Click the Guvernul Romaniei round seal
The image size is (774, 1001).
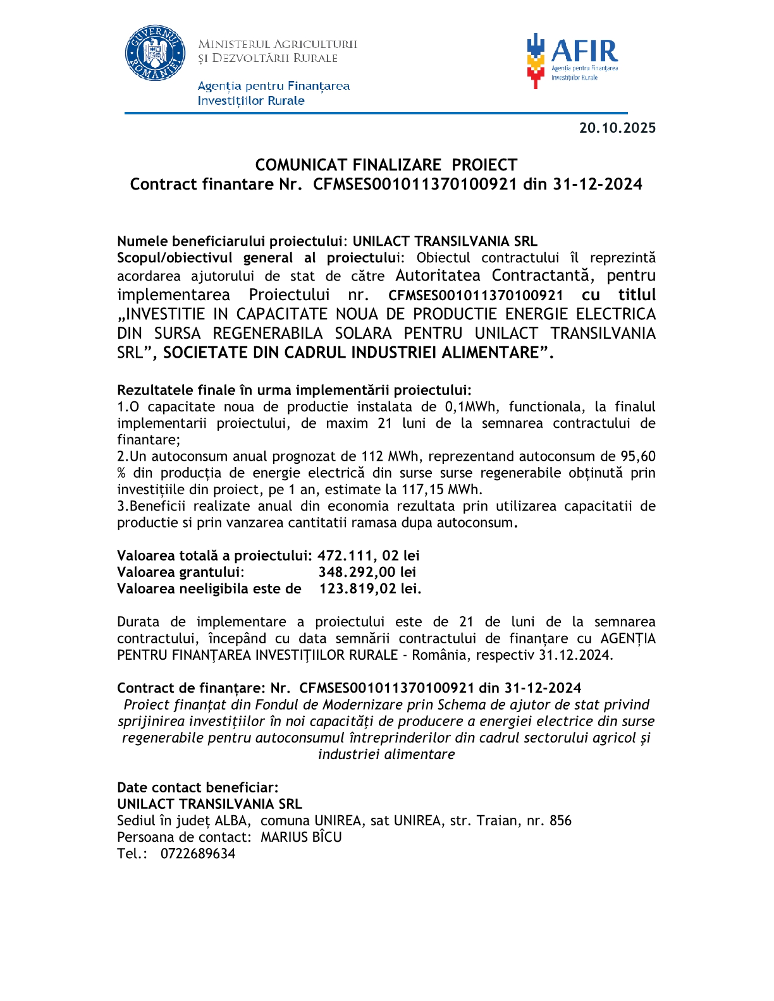point(155,53)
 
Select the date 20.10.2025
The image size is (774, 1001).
point(617,128)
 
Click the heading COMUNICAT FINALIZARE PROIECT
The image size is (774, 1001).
point(386,165)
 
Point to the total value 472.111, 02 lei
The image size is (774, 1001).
point(368,555)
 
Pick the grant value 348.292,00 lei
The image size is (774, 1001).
point(367,572)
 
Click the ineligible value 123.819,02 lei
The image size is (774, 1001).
point(369,588)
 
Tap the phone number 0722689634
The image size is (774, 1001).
point(197,854)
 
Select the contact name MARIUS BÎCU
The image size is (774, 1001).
point(301,837)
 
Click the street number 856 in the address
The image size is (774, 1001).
point(560,821)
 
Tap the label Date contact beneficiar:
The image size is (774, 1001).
point(197,787)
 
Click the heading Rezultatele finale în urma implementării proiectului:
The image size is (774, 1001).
point(294,390)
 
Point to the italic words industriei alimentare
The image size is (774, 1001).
point(386,754)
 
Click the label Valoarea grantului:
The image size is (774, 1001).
point(180,572)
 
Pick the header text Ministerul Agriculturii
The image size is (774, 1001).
point(278,44)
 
